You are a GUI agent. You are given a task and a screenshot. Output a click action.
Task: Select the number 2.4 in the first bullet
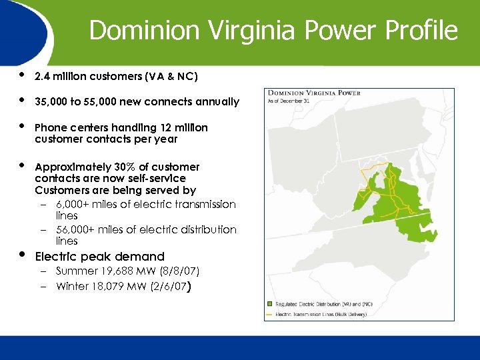click(43, 77)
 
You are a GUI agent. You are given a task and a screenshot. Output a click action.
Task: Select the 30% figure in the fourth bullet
click(111, 167)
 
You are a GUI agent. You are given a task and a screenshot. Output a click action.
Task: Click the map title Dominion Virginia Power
click(313, 93)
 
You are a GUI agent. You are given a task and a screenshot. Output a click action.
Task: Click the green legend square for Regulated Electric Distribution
click(269, 304)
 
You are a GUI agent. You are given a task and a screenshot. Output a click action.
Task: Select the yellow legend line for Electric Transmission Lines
click(269, 314)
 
